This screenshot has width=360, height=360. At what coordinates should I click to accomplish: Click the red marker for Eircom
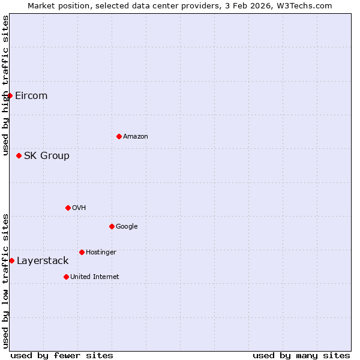(10, 95)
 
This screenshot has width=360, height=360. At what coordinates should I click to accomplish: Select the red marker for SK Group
(19, 155)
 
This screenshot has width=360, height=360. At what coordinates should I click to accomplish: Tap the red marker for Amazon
(119, 136)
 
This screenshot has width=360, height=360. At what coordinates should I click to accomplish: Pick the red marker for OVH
(68, 208)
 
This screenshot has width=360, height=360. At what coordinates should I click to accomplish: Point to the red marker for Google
(112, 226)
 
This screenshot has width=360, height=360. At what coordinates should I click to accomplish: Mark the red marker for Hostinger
(82, 252)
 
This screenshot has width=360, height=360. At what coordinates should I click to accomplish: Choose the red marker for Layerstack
(11, 260)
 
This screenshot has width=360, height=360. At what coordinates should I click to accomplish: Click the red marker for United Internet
(66, 277)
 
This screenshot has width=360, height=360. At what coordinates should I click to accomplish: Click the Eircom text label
(31, 96)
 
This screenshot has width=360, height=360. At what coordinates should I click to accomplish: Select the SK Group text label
(47, 156)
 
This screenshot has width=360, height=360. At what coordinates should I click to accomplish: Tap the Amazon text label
(136, 137)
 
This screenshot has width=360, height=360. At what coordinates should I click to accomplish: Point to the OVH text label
(79, 208)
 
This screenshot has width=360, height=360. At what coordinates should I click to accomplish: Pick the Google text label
(127, 227)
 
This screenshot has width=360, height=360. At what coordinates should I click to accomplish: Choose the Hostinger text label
(101, 253)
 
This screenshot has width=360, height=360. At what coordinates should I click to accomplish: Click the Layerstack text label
(43, 261)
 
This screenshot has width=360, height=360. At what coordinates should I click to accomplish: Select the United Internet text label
(95, 277)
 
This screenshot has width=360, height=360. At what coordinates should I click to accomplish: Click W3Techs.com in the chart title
(310, 5)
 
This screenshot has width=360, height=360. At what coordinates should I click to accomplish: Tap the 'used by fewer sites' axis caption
(62, 356)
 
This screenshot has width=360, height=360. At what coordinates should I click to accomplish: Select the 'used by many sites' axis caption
(301, 356)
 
